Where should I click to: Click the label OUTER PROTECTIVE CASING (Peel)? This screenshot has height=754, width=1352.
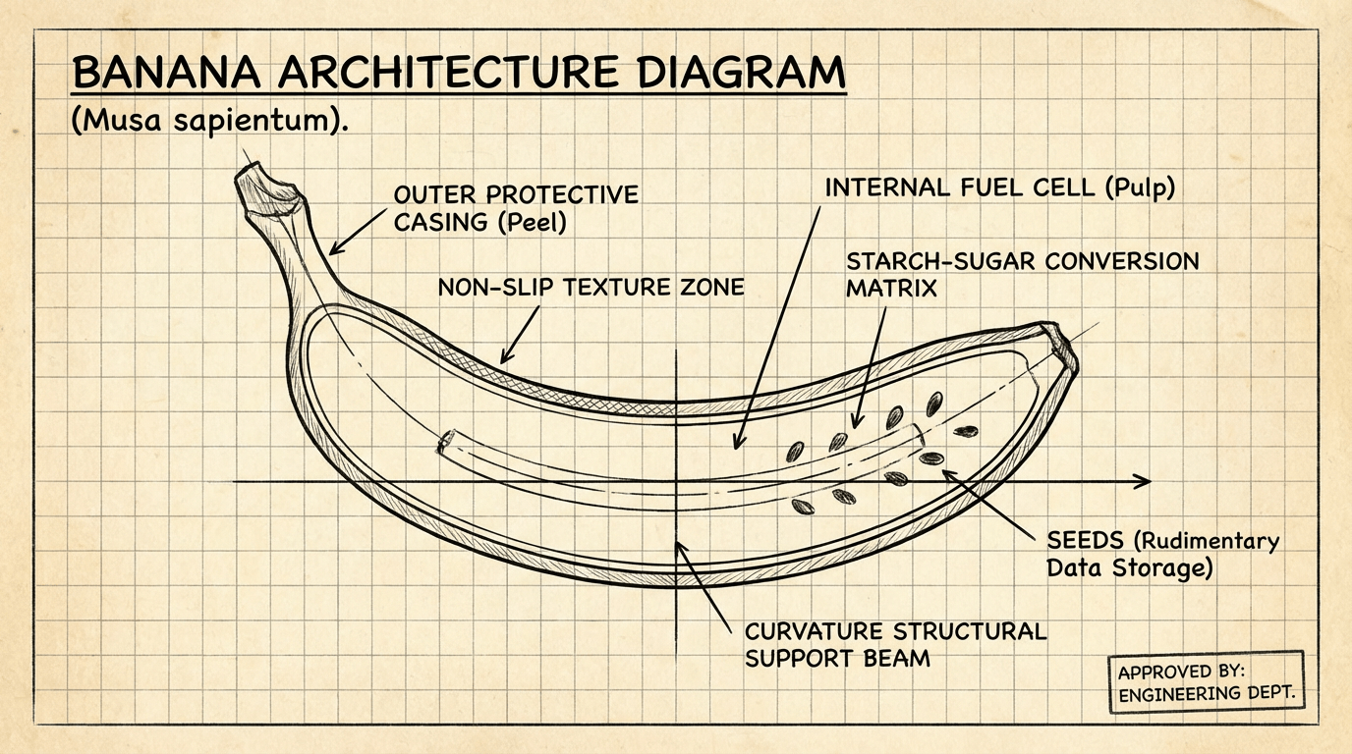coord(515,208)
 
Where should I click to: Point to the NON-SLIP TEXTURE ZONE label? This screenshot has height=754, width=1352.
coord(591,287)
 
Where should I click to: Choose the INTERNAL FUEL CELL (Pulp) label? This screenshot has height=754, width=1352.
coord(999,187)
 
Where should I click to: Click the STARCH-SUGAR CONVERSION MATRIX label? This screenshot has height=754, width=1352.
coord(1022,275)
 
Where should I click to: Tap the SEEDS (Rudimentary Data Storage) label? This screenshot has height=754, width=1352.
coord(1162,554)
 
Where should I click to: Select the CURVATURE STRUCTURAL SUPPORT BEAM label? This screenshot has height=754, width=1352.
coord(895,643)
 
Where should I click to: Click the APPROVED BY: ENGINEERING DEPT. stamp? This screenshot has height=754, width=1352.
coord(1205,681)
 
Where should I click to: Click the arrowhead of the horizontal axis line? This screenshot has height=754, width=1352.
coord(1142,481)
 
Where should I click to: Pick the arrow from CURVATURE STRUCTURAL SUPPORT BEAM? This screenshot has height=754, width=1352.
coord(703,589)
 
